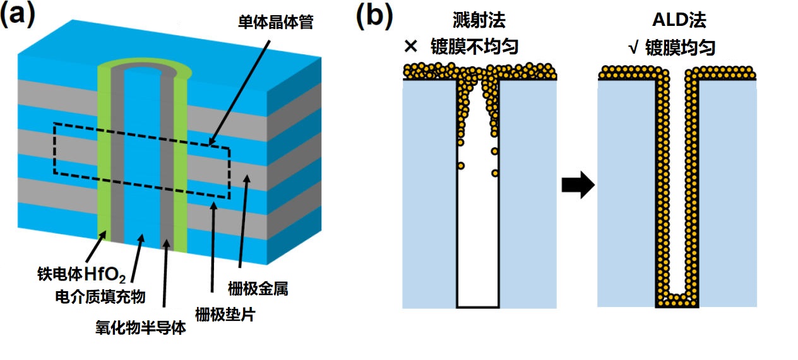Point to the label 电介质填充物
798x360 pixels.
96,296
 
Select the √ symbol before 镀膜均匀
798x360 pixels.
633,48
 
